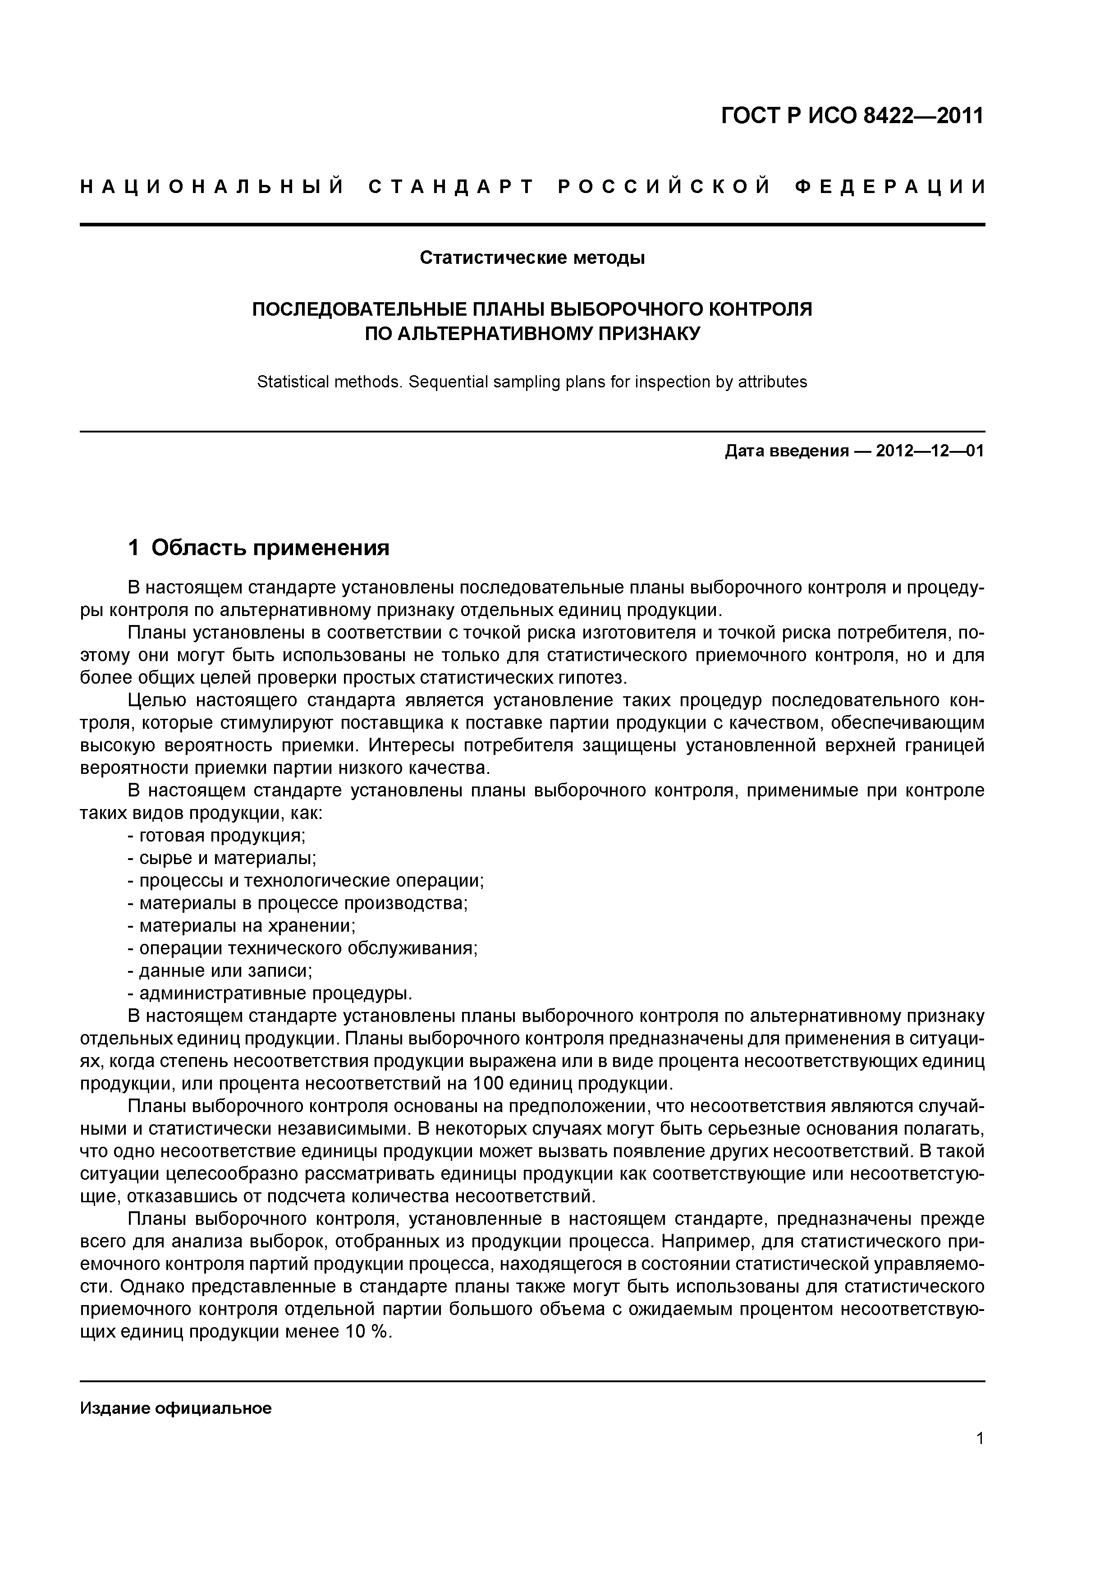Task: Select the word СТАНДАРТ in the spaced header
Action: [452, 187]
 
